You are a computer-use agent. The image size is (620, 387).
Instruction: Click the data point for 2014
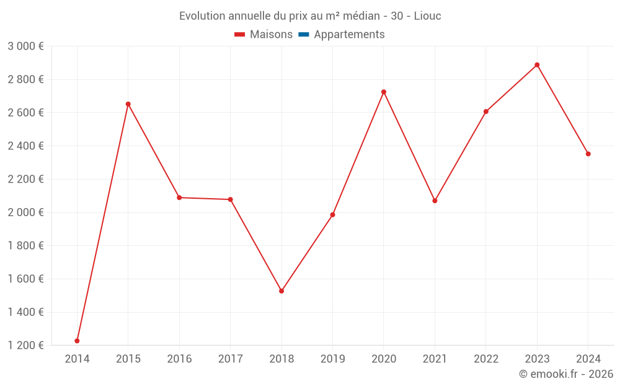(77, 341)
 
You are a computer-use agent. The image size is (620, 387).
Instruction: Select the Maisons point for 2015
(128, 104)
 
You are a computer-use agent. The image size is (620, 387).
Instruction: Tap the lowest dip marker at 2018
(281, 291)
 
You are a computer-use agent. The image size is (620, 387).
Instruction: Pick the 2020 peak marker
(384, 92)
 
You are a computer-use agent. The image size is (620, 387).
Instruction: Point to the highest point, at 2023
(537, 64)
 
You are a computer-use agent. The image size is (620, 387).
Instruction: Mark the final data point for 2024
(588, 154)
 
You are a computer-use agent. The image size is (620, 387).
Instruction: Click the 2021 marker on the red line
(435, 201)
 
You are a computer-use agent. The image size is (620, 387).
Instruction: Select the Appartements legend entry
(349, 35)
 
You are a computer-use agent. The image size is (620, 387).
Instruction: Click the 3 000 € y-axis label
(25, 46)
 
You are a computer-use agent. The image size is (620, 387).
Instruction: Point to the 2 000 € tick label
(25, 212)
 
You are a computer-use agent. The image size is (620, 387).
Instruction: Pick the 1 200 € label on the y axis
(25, 345)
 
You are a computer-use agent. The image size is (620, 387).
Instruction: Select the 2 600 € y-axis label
(25, 113)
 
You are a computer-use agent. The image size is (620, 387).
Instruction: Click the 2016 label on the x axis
(179, 359)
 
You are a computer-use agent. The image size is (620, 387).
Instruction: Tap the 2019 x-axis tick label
(332, 359)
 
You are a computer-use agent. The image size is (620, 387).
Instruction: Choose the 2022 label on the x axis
(486, 359)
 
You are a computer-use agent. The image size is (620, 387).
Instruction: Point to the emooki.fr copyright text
(566, 374)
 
